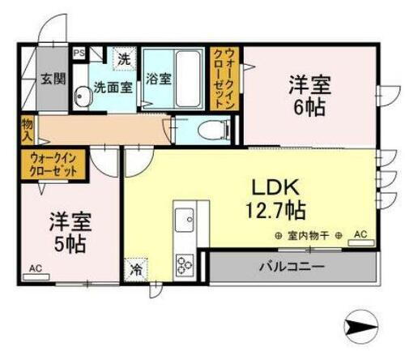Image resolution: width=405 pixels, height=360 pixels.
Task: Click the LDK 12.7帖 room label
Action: (275, 198)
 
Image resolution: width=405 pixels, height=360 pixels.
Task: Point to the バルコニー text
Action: (292, 266)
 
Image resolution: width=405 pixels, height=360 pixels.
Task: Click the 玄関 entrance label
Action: (53, 79)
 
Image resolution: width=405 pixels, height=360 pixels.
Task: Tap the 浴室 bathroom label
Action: (158, 79)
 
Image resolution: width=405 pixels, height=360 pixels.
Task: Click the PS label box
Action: (79, 54)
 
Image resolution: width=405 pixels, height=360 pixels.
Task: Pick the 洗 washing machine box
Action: (125, 59)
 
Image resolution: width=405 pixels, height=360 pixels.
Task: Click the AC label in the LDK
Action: (360, 235)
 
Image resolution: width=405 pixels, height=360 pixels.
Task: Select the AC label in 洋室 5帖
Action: (36, 267)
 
